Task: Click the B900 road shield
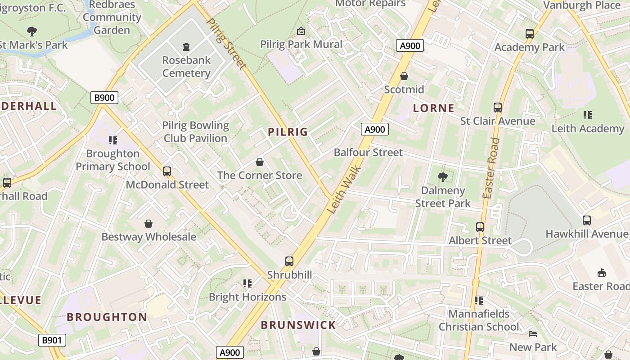(x=104, y=98)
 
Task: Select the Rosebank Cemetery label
(x=186, y=67)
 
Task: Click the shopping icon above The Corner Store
(x=260, y=162)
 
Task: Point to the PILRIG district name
(x=288, y=132)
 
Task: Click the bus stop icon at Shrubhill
(x=289, y=261)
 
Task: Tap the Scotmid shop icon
(x=404, y=76)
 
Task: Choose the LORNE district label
(x=434, y=108)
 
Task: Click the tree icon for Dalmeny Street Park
(x=443, y=177)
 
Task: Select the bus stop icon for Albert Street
(x=480, y=227)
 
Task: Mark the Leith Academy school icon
(x=588, y=115)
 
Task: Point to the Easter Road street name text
(x=491, y=168)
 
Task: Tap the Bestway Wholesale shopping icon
(x=148, y=224)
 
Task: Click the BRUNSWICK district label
(x=298, y=325)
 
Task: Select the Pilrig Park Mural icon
(x=301, y=31)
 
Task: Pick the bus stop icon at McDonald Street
(x=167, y=171)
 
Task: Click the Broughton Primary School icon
(x=113, y=140)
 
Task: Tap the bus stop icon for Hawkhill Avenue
(x=587, y=220)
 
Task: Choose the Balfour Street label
(x=368, y=153)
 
